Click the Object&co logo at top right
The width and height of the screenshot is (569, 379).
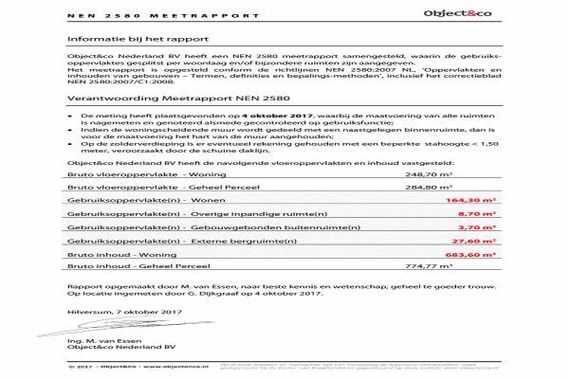461,18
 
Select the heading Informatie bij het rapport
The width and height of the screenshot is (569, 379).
129,39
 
